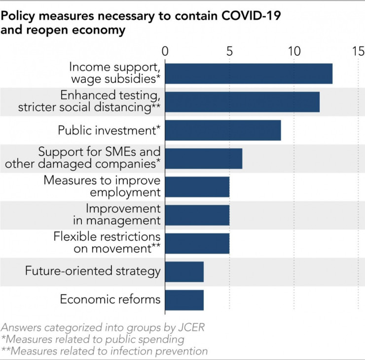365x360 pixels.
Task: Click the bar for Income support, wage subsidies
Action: (249, 73)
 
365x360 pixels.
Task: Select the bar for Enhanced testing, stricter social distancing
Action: (242, 102)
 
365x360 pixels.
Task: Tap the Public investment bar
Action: (223, 130)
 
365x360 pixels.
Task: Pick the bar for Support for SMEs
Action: (204, 158)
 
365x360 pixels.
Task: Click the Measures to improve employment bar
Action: (197, 186)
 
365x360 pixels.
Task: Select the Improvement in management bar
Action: (197, 215)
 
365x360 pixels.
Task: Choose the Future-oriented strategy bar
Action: (184, 271)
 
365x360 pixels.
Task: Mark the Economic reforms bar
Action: (184, 299)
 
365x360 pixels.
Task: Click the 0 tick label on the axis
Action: (165, 51)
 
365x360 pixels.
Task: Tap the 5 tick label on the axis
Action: (229, 51)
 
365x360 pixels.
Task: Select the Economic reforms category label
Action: (110, 299)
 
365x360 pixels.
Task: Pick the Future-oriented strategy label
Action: (93, 271)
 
